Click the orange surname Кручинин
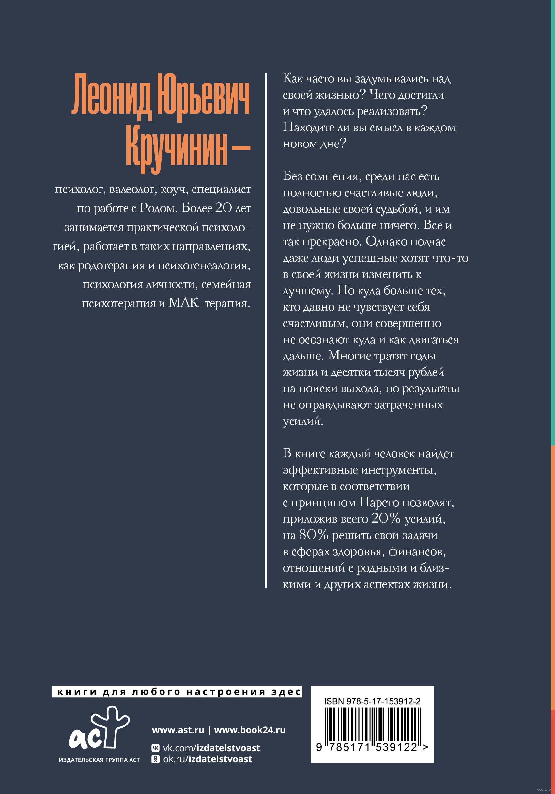[177, 150]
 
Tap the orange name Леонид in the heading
[111, 96]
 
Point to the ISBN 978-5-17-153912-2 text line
[372, 702]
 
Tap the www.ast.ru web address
[178, 730]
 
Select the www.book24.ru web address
[250, 730]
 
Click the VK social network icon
[156, 748]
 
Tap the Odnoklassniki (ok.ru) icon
[156, 759]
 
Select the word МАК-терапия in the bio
[209, 303]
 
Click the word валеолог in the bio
[132, 190]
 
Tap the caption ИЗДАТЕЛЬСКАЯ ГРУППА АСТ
[99, 760]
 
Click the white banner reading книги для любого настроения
[177, 692]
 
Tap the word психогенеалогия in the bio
[204, 266]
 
